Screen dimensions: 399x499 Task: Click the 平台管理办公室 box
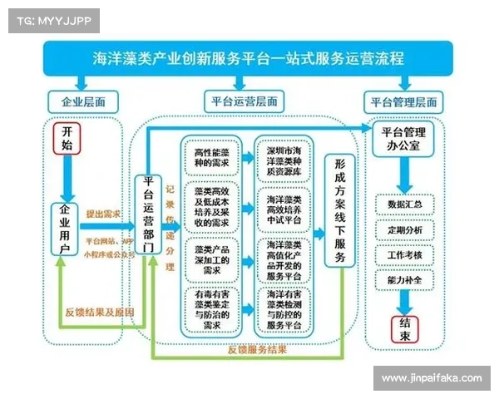(403, 139)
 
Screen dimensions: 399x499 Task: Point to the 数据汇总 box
(405, 203)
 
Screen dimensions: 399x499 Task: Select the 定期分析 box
(405, 229)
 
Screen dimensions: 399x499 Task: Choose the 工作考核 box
(405, 254)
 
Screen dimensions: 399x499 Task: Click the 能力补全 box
(405, 280)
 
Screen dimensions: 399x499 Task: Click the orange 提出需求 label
(102, 214)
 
